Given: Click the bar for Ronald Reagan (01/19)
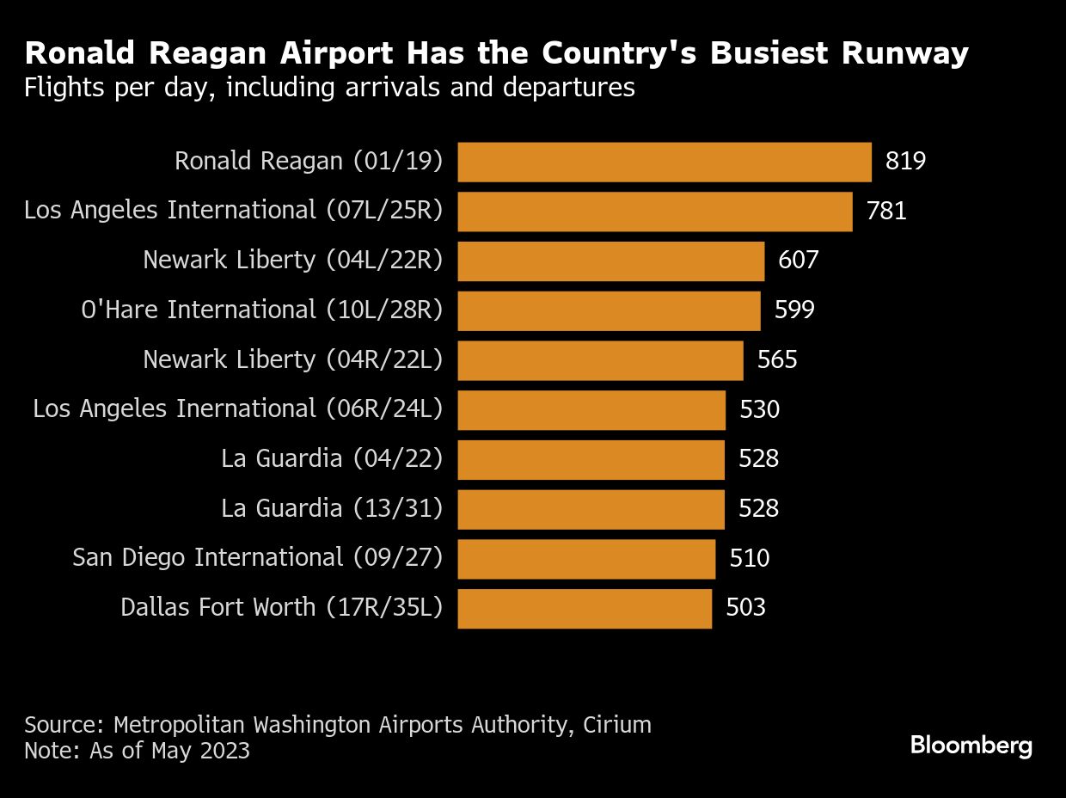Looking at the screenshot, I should point(664,162).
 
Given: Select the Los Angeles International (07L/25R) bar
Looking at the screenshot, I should point(654,212).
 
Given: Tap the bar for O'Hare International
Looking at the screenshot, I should point(609,310).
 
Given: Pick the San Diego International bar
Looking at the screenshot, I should point(586,559).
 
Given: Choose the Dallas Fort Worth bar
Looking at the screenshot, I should point(585,609).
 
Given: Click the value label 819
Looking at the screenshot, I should point(905,162).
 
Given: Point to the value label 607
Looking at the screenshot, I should point(798,261).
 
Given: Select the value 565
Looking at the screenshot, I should point(777,359).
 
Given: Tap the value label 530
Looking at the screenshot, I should point(759,409).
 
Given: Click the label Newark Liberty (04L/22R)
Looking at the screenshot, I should point(292,261).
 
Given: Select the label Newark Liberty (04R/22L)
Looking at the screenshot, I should point(292,359).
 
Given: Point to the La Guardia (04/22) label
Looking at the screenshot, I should point(332,459).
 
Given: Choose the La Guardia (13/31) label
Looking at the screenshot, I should point(332,509).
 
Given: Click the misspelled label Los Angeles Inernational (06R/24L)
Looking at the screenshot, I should point(237,409).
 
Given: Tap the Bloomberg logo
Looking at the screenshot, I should point(971,746).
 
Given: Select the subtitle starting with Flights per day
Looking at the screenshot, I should point(329,88).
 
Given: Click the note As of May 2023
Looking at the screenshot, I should point(138,751).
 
